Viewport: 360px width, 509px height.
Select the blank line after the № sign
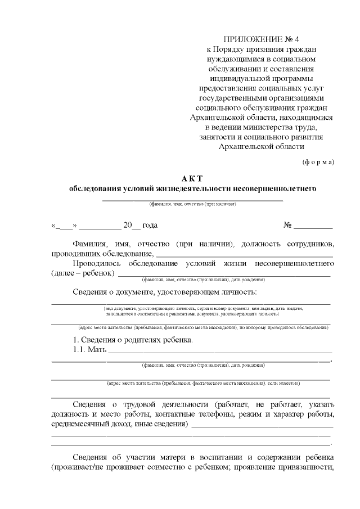pyautogui.click(x=313, y=227)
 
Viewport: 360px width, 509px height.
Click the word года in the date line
pyautogui.click(x=150, y=226)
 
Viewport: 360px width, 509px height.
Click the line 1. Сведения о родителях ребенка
pyautogui.click(x=133, y=340)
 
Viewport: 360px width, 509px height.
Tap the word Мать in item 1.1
pyautogui.click(x=97, y=350)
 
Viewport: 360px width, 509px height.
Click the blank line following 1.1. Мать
pyautogui.click(x=219, y=352)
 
